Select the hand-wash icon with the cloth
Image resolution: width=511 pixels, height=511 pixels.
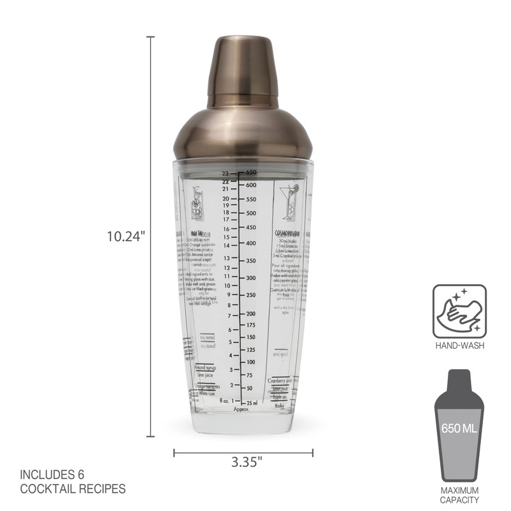coord(459,311)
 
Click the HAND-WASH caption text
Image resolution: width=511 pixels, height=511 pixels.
coord(459,346)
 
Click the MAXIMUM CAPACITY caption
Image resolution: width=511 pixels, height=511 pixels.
coord(459,495)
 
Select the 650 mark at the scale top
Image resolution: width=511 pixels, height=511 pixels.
coord(251,172)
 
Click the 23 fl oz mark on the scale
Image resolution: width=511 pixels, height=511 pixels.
coord(225,173)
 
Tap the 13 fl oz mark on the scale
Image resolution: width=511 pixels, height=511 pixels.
coord(226,257)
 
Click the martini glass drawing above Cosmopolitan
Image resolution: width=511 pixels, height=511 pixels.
coord(291,201)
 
